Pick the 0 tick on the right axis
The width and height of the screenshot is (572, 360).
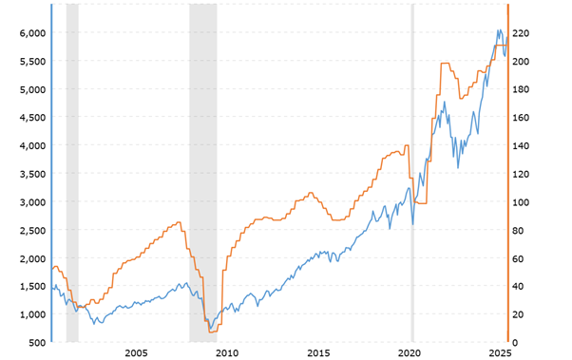coord(518,343)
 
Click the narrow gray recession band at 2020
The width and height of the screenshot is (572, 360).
coord(412,171)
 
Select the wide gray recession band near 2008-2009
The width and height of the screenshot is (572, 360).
coord(202,171)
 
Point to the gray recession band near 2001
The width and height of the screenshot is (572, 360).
coord(72,171)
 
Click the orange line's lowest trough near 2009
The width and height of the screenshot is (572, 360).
coord(211,332)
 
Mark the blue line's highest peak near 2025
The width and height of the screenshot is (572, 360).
coord(498,30)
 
